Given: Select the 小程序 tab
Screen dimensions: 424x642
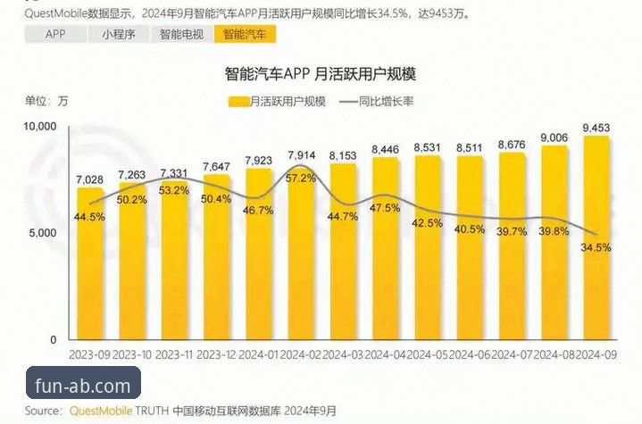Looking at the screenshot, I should [118, 35].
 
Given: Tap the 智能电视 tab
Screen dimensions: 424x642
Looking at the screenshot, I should [181, 35].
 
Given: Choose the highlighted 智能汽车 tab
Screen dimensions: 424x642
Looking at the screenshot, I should [245, 35].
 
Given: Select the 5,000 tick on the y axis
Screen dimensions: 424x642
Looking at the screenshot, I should [44, 233].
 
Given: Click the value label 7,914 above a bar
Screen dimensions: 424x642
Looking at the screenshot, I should [302, 157].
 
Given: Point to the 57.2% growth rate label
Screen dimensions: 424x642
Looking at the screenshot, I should [302, 179].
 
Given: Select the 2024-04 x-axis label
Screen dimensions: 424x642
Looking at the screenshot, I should [386, 354].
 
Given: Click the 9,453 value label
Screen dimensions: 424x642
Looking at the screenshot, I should [596, 127].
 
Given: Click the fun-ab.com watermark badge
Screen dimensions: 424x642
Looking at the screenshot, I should [83, 387].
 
